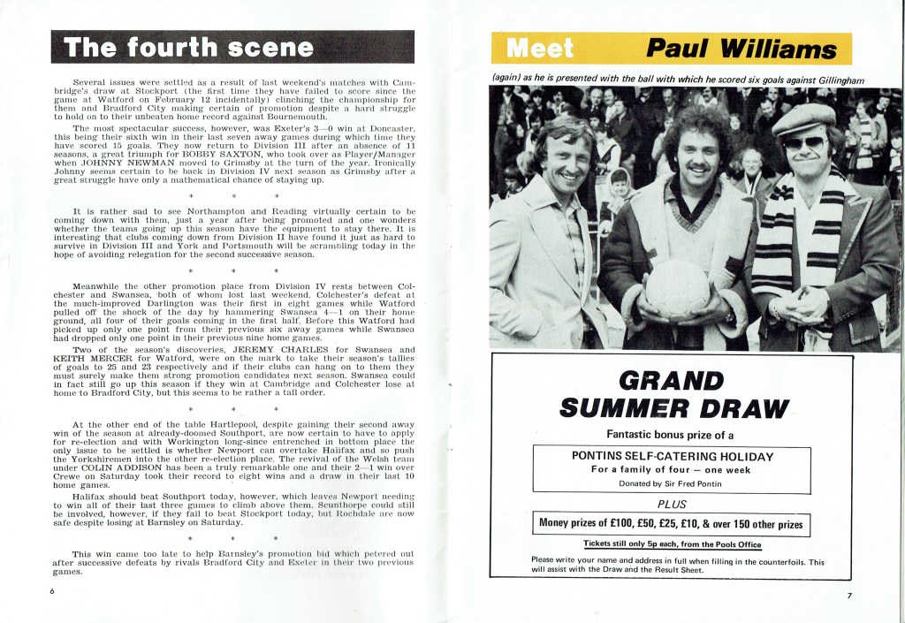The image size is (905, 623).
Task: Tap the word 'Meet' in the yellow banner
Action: [x=539, y=48]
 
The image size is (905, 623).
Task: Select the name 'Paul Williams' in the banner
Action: [x=740, y=48]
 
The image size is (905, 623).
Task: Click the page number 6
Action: [x=53, y=591]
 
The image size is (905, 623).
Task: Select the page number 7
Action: [x=848, y=595]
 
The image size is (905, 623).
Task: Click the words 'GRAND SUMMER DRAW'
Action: [x=673, y=394]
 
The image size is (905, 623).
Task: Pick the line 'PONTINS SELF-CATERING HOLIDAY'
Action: [x=672, y=456]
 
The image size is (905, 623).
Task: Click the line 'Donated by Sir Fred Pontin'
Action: [x=672, y=483]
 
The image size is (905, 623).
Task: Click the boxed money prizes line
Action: [x=672, y=524]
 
